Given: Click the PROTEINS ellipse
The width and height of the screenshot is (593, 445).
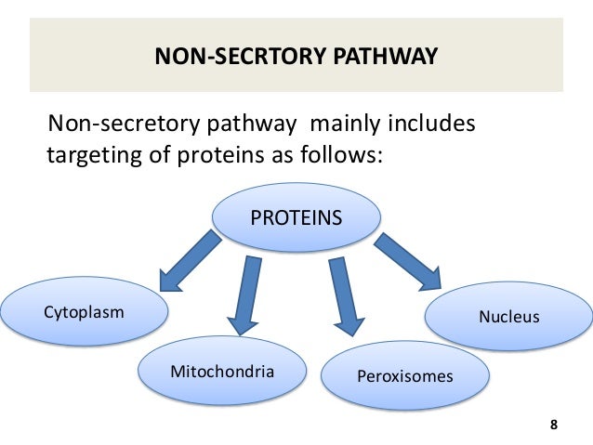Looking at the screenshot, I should coord(296,219).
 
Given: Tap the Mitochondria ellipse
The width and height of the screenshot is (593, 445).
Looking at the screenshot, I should coord(222,372).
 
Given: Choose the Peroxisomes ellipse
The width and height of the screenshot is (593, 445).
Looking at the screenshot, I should coord(404,376).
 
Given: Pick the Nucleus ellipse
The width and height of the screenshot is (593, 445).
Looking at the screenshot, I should coord(508,317).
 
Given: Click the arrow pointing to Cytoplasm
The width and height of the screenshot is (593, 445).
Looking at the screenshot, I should coord(191,263).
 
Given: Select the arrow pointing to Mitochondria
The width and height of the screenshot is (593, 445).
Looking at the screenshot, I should coord(246,295).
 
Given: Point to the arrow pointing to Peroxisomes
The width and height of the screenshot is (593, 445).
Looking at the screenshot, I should coord(344,295).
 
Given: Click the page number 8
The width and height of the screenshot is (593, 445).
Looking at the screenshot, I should coord(554,425).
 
